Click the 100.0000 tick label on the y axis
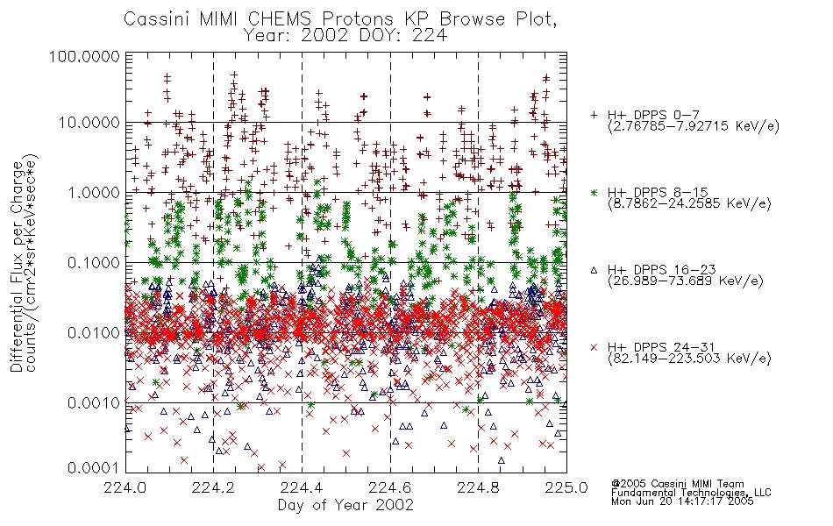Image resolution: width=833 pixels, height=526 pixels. point(84,56)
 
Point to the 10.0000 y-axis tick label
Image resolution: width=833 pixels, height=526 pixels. point(89,123)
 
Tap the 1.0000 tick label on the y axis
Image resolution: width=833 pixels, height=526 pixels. point(94,192)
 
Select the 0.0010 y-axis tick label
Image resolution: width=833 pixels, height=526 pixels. point(94,402)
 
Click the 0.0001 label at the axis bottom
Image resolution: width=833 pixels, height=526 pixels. point(94,468)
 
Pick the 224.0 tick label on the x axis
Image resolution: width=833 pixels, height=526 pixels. point(125,487)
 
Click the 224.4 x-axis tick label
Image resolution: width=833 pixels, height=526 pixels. point(302,487)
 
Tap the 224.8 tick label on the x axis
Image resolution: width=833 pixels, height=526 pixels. point(478,487)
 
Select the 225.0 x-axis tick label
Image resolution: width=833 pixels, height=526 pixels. point(566,487)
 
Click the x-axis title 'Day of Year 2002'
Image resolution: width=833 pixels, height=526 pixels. point(345,504)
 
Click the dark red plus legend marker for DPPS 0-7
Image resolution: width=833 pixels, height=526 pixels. point(594,115)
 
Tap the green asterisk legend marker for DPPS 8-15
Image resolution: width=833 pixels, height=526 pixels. point(594,192)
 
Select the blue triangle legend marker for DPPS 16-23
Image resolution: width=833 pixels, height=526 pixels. point(594,270)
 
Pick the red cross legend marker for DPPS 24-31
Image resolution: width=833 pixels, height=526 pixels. point(594,347)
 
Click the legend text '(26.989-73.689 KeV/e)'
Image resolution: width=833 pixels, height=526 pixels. point(686,281)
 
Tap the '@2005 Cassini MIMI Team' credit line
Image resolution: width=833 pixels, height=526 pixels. point(677,484)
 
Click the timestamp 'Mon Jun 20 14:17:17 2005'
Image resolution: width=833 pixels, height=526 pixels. point(682,501)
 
